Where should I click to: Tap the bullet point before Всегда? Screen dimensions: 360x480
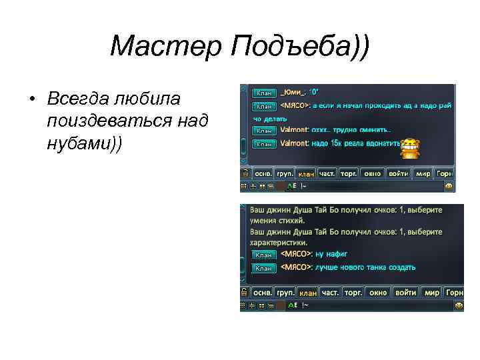pyautogui.click(x=31, y=99)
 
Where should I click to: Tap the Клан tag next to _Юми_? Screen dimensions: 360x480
pyautogui.click(x=265, y=93)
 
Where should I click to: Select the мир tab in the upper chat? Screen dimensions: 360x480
pyautogui.click(x=423, y=173)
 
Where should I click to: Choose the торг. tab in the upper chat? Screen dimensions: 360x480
pyautogui.click(x=349, y=173)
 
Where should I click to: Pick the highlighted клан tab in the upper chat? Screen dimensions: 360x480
pyautogui.click(x=306, y=174)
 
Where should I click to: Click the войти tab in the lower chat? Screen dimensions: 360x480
pyautogui.click(x=405, y=292)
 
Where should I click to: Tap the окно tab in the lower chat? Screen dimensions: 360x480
pyautogui.click(x=377, y=292)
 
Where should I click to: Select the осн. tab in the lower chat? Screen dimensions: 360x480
pyautogui.click(x=263, y=292)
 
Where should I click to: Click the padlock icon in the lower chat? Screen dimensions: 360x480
pyautogui.click(x=245, y=292)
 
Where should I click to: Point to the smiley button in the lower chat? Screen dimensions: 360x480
pyautogui.click(x=459, y=305)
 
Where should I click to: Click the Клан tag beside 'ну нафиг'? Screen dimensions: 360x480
pyautogui.click(x=265, y=255)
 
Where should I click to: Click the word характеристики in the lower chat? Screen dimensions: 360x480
pyautogui.click(x=279, y=243)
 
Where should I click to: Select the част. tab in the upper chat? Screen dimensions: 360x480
pyautogui.click(x=327, y=173)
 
